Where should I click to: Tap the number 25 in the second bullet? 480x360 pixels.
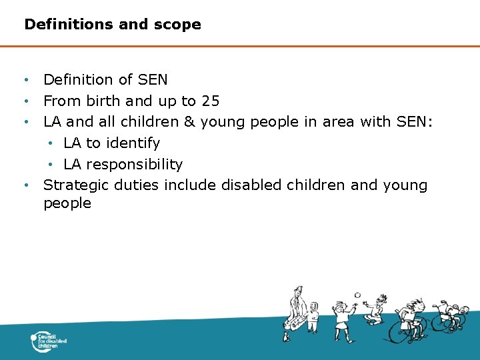[210, 101]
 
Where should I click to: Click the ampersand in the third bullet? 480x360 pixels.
[189, 122]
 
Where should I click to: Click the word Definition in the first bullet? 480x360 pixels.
[79, 80]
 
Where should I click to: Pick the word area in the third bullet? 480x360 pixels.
[339, 122]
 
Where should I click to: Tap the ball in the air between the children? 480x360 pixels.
[357, 295]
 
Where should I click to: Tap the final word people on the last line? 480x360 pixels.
[67, 203]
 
